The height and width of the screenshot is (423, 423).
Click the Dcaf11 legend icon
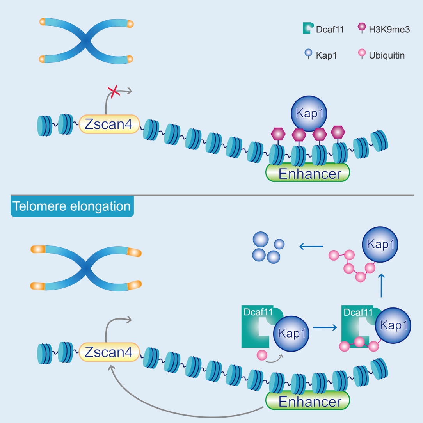(308, 28)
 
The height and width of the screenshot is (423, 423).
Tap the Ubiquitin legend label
(387, 55)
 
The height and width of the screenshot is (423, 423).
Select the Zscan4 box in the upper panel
(109, 124)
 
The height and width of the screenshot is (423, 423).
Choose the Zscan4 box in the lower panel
(109, 353)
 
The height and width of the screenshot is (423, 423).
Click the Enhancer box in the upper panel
(307, 173)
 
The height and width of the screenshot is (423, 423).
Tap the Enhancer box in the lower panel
(307, 401)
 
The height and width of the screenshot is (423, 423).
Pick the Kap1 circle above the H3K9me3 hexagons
(308, 114)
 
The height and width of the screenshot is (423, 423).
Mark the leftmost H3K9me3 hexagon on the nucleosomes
(278, 134)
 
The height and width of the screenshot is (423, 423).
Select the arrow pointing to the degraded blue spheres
(311, 246)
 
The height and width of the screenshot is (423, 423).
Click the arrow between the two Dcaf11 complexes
(324, 328)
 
